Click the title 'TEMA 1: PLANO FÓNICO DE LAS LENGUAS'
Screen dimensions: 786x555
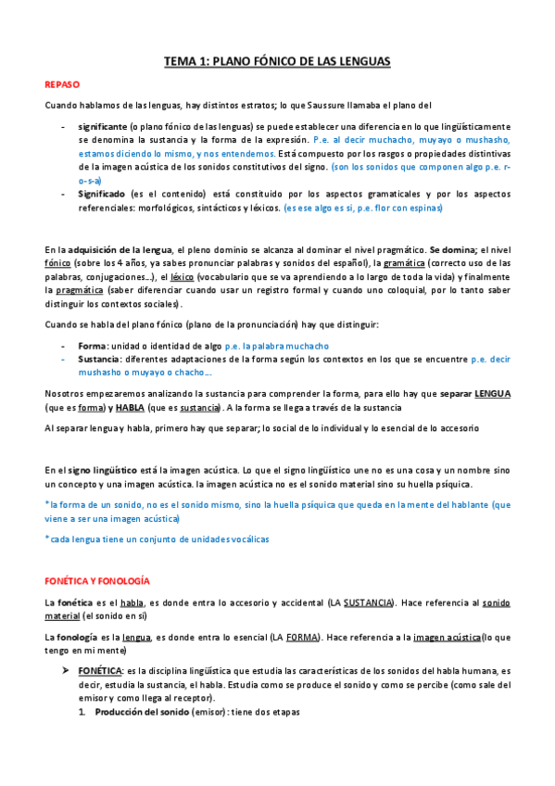[277, 61]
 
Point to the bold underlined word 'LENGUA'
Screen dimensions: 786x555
[492, 393]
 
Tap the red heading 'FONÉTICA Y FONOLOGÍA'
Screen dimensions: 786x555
[97, 580]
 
